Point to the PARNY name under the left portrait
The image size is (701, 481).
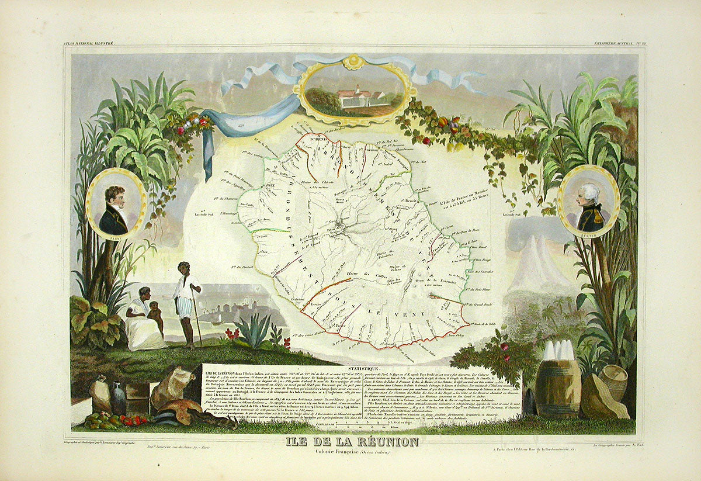115,238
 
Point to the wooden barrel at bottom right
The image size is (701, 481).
558,386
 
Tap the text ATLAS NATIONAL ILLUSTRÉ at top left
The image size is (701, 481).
89,44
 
